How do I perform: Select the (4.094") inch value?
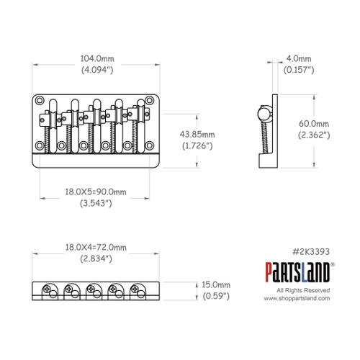click(x=96, y=71)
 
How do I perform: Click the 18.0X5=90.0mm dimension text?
click(x=96, y=191)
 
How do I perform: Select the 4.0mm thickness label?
click(x=298, y=58)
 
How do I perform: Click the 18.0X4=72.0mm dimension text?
click(x=96, y=247)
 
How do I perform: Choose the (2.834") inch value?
click(x=96, y=258)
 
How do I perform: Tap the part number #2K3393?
click(x=311, y=253)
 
